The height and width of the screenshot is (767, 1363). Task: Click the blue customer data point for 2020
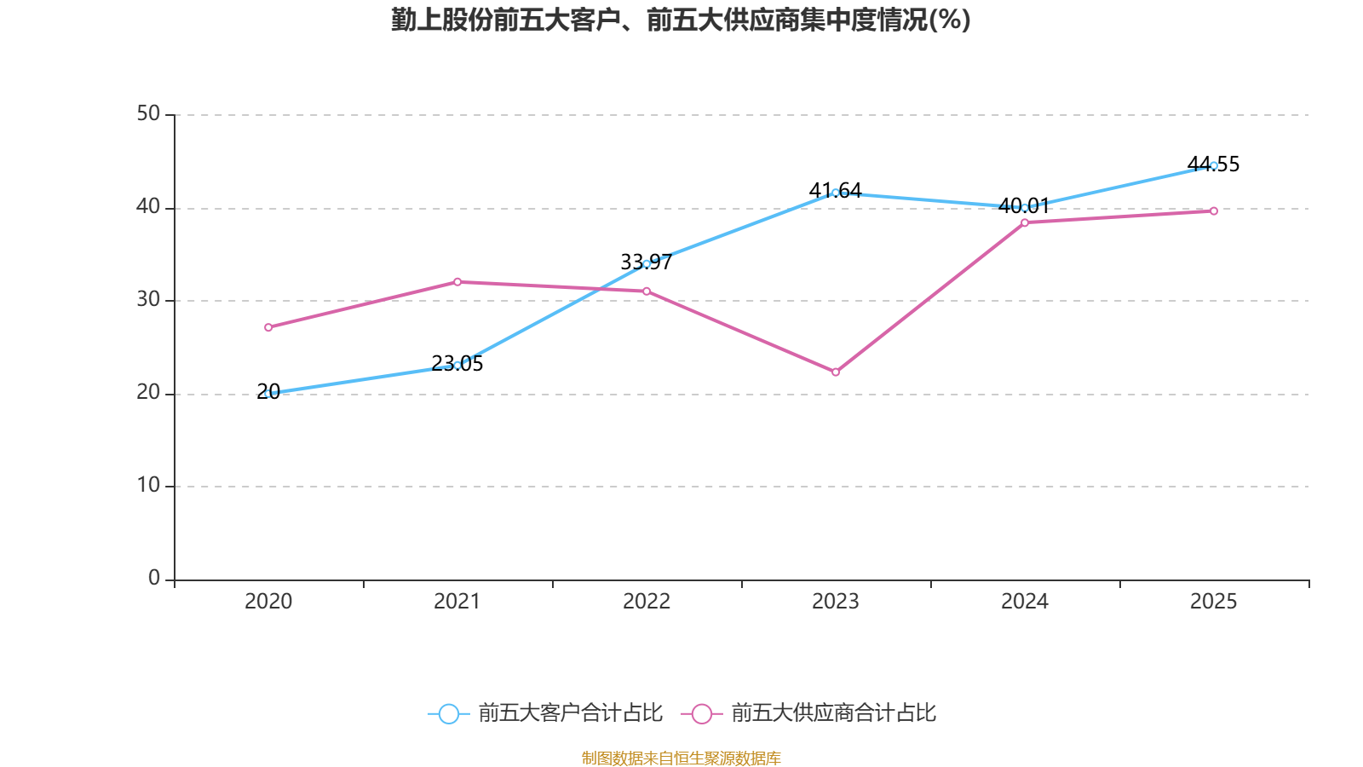point(268,394)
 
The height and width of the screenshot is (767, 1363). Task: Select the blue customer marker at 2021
point(457,365)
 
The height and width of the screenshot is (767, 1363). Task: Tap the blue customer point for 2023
point(836,193)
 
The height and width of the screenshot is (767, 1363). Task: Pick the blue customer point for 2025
point(1214,165)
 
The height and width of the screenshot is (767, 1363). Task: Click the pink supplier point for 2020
point(268,327)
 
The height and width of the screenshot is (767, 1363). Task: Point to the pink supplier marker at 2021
point(457,281)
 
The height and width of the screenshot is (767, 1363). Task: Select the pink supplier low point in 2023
point(836,372)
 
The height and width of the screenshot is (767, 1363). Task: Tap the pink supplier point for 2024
point(1025,222)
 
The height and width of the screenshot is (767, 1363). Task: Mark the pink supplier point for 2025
point(1214,210)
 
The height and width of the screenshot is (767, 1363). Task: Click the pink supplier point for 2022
point(647,291)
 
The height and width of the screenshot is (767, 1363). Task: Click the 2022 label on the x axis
point(647,602)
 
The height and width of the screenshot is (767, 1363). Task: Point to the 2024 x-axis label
point(1025,602)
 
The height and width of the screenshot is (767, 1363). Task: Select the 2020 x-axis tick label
point(268,602)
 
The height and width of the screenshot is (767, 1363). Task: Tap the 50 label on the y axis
point(148,113)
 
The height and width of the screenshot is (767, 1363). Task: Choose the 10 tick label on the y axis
point(148,485)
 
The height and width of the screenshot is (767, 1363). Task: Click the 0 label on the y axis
point(154,578)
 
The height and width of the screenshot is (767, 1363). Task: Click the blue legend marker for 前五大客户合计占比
point(448,713)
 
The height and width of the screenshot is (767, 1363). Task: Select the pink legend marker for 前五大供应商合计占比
point(701,713)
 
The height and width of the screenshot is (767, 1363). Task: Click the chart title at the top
point(681,20)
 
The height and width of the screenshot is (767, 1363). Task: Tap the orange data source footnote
point(681,758)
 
